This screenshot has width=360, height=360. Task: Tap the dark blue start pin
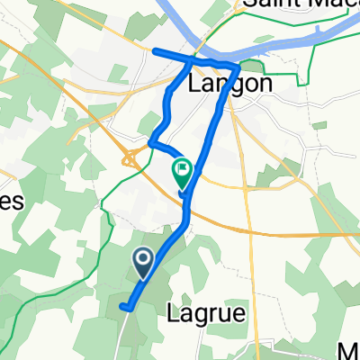[143, 262]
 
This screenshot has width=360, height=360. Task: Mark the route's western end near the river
[155, 50]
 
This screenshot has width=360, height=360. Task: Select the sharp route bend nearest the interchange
[151, 141]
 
